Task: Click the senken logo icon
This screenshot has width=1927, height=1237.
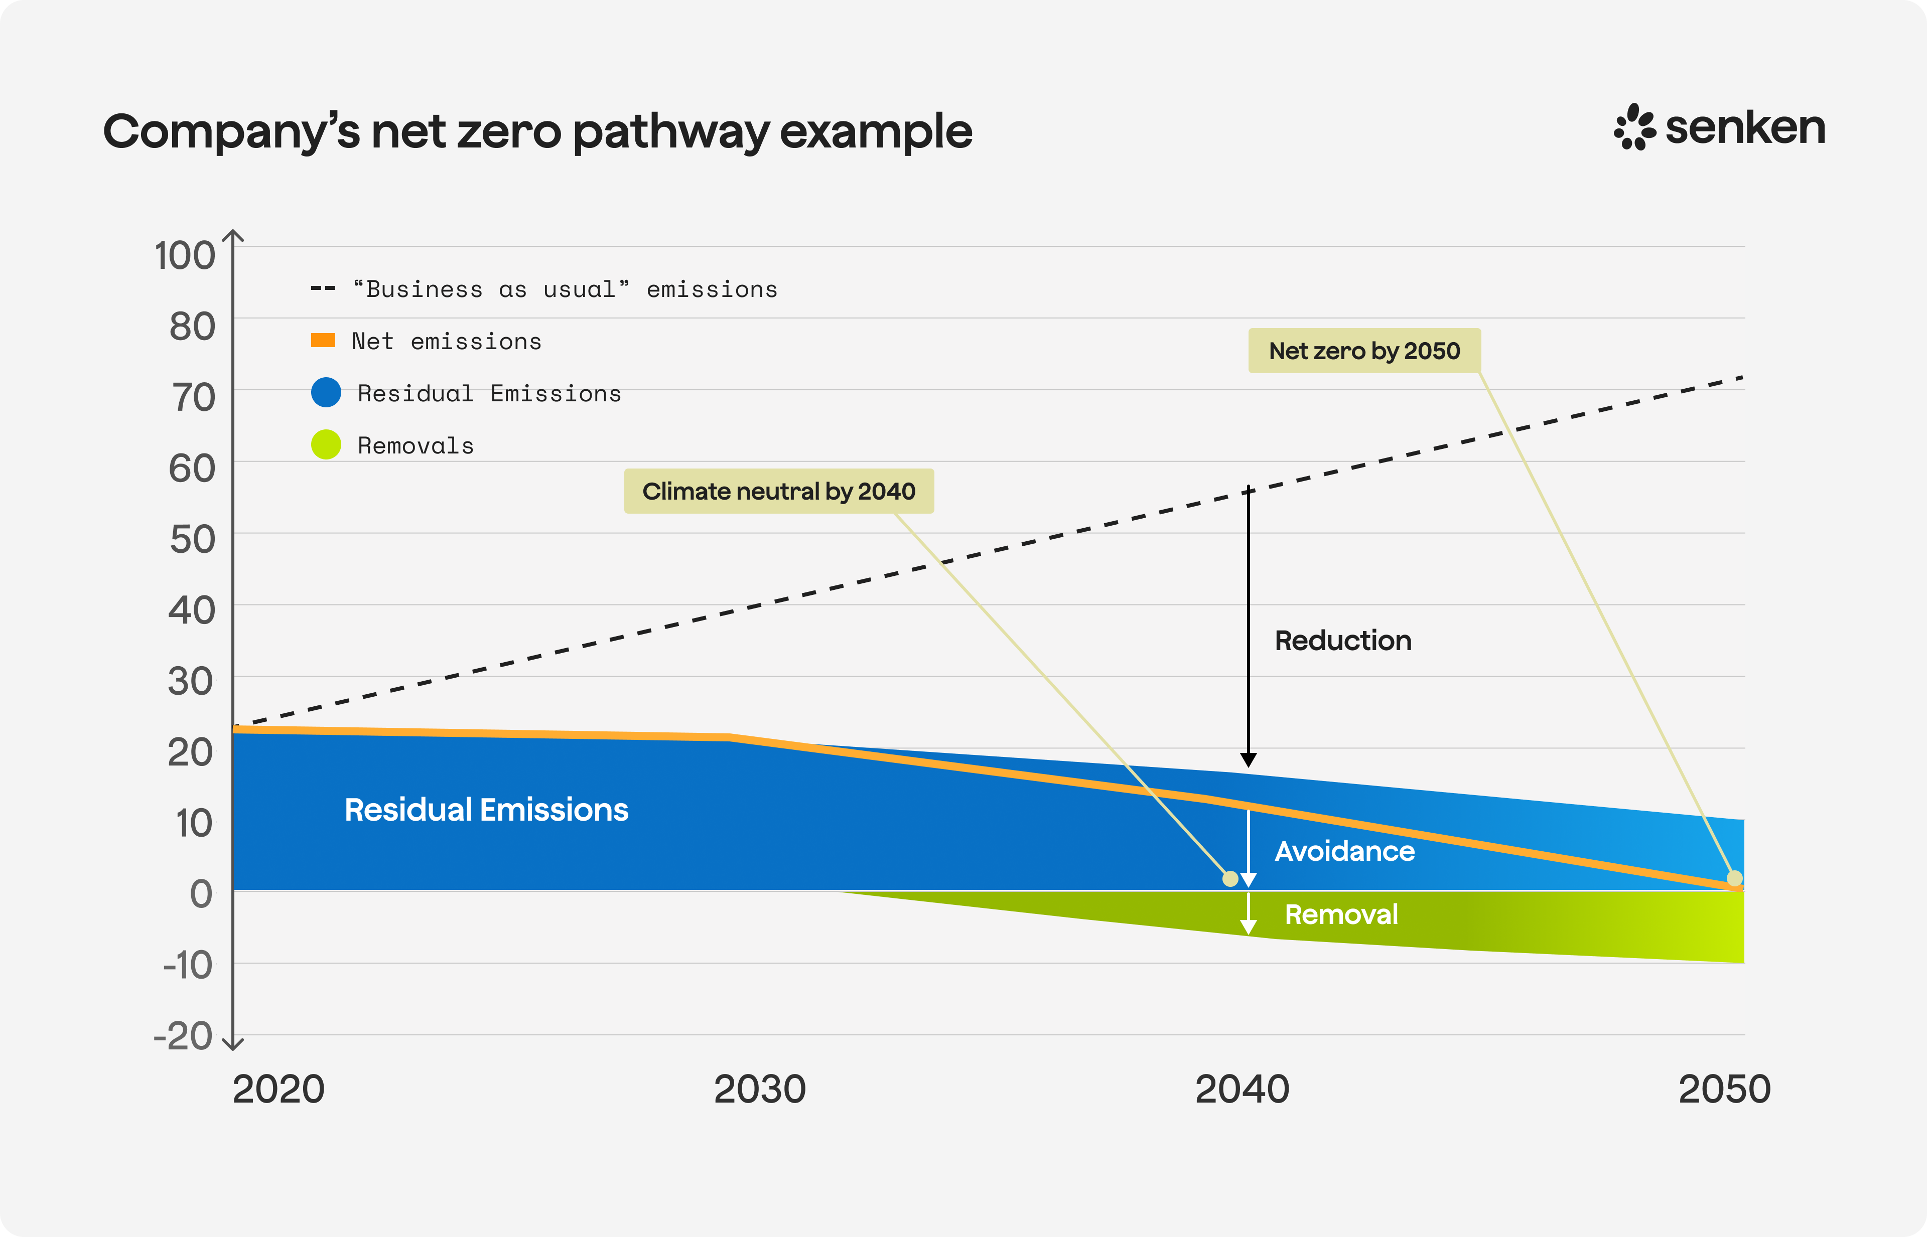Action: click(1634, 127)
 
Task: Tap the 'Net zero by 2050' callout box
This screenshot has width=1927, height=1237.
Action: click(1363, 351)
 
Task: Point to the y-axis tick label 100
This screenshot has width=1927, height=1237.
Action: click(185, 255)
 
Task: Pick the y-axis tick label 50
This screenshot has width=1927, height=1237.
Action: click(192, 539)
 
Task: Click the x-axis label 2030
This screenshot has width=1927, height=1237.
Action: click(759, 1089)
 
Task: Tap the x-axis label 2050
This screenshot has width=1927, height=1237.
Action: click(1724, 1089)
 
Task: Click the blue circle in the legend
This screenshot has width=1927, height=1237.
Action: click(326, 393)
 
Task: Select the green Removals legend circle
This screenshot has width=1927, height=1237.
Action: click(326, 444)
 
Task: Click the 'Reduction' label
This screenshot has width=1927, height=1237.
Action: click(1342, 640)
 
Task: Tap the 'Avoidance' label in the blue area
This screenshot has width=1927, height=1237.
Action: click(1343, 851)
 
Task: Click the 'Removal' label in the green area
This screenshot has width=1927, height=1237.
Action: click(1340, 914)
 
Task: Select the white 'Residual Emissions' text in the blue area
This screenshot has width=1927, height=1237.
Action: click(486, 810)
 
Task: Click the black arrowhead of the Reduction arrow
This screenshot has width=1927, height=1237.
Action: click(1248, 760)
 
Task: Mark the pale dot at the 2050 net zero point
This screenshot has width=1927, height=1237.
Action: click(1734, 878)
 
